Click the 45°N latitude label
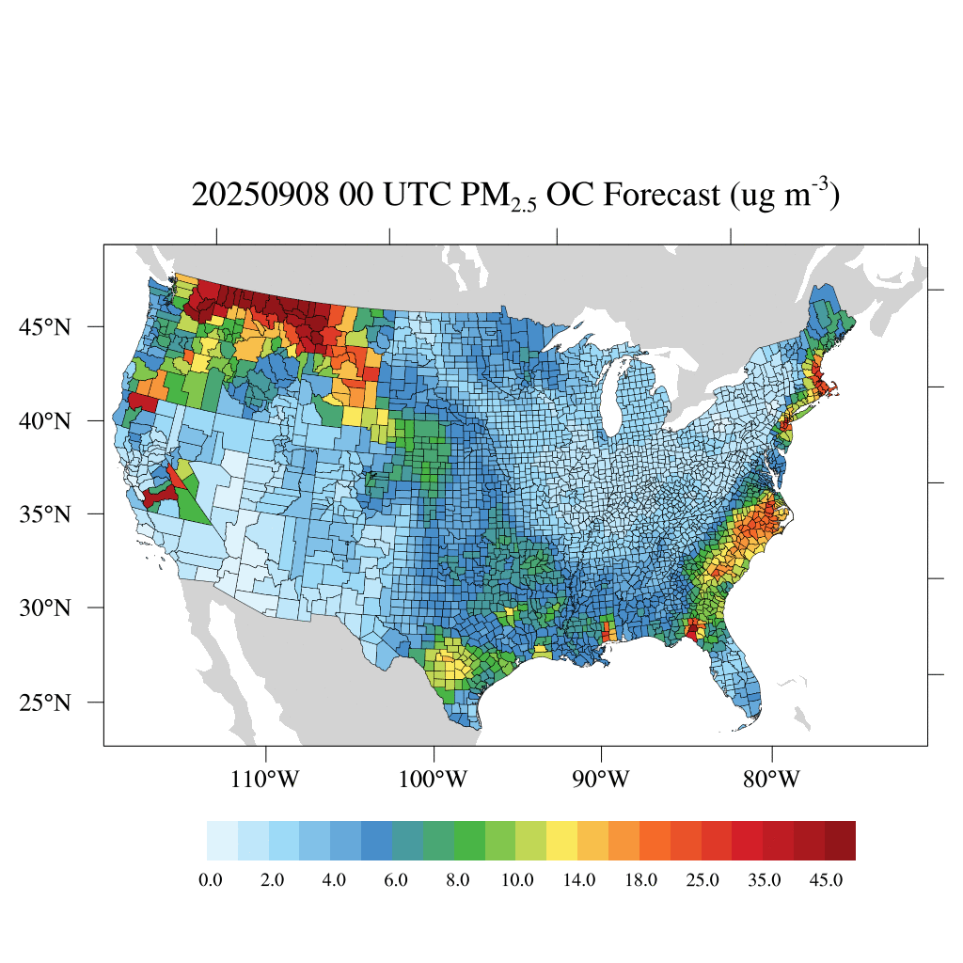pyautogui.click(x=46, y=327)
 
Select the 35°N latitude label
pyautogui.click(x=46, y=514)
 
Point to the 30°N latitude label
pyautogui.click(x=46, y=608)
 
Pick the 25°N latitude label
pyautogui.click(x=46, y=703)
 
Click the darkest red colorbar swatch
pyautogui.click(x=840, y=841)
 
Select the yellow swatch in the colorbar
pyautogui.click(x=562, y=841)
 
